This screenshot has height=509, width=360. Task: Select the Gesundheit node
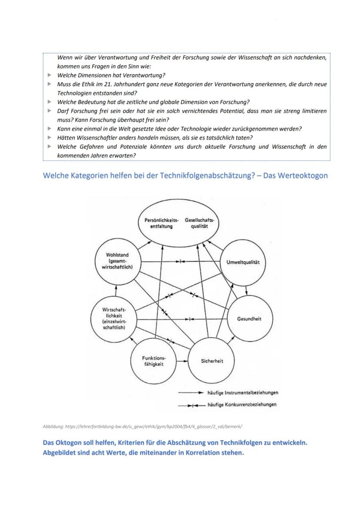pos(249,319)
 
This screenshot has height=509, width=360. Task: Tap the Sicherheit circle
pos(212,360)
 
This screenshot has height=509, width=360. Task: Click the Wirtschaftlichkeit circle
pos(113,318)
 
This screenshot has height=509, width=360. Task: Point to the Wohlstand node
pos(117,261)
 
